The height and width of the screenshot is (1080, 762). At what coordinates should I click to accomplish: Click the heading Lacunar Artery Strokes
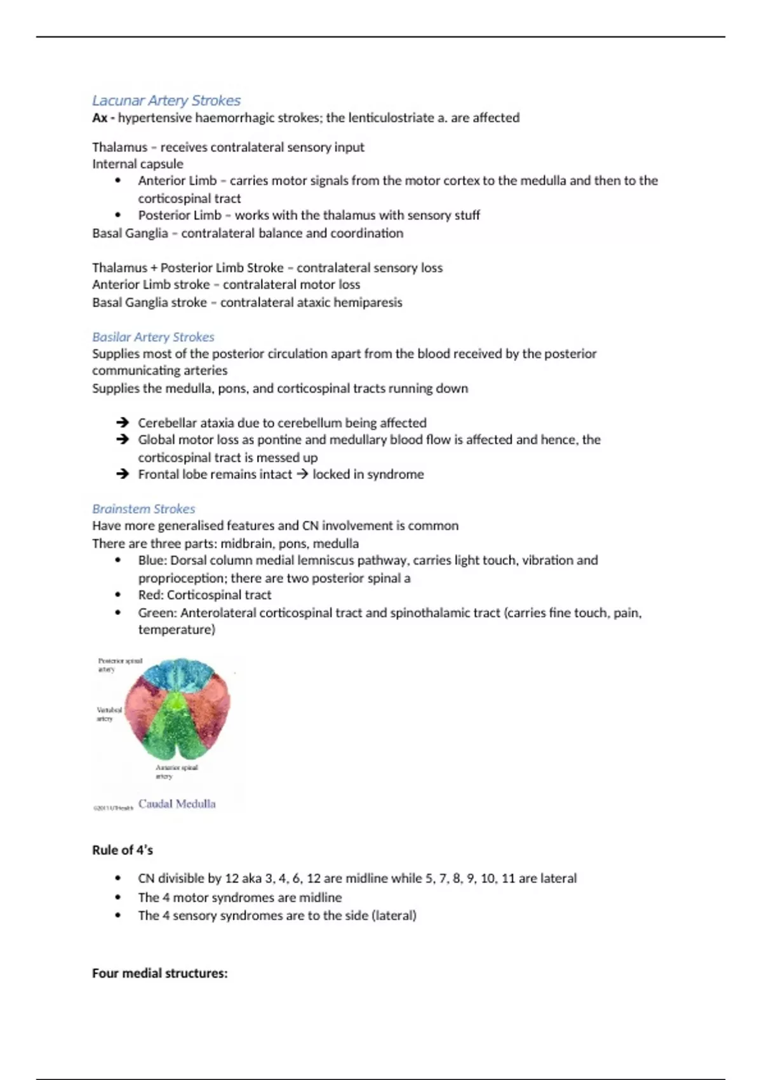pyautogui.click(x=166, y=100)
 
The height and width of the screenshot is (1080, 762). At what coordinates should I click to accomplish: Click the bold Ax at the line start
pyautogui.click(x=99, y=118)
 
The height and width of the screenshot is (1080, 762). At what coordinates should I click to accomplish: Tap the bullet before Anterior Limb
pyautogui.click(x=118, y=180)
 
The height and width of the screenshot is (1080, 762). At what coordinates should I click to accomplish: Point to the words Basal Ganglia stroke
pyautogui.click(x=149, y=302)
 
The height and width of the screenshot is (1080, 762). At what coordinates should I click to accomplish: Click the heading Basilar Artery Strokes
pyautogui.click(x=153, y=337)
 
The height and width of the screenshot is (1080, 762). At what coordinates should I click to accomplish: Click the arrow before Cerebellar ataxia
pyautogui.click(x=123, y=422)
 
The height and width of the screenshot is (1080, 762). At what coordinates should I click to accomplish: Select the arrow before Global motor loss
pyautogui.click(x=123, y=440)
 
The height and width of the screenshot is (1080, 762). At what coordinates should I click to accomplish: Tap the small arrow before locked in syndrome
pyautogui.click(x=302, y=474)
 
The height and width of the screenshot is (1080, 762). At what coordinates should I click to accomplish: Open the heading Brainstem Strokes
pyautogui.click(x=144, y=509)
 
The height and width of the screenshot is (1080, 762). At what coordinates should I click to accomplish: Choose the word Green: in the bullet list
pyautogui.click(x=157, y=613)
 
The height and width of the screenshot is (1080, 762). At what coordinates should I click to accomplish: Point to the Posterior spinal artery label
pyautogui.click(x=119, y=665)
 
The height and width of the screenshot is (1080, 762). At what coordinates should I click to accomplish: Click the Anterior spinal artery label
pyautogui.click(x=176, y=771)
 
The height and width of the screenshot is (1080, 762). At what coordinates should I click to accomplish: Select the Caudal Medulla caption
pyautogui.click(x=177, y=804)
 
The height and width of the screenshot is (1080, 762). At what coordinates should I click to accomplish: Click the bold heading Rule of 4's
pyautogui.click(x=123, y=850)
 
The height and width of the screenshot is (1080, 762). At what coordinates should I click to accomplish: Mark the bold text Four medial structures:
pyautogui.click(x=159, y=973)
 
